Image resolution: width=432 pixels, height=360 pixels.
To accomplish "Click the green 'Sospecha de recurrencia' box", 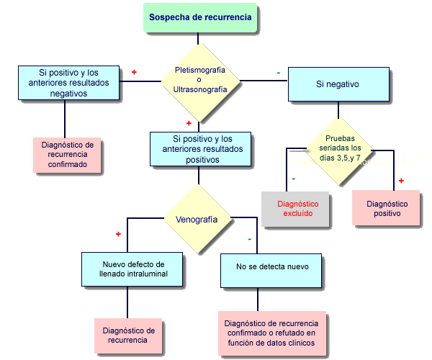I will click(201, 17).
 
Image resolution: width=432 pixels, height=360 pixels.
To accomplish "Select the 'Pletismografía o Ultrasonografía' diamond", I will click(200, 79).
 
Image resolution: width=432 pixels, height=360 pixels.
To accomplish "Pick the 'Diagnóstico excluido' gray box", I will click(298, 208).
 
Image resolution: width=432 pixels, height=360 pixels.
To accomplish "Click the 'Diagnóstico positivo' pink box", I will click(387, 208).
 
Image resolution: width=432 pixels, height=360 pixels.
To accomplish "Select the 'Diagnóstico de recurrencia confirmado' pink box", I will click(68, 154).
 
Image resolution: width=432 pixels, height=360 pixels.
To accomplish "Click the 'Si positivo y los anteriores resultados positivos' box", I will click(201, 149).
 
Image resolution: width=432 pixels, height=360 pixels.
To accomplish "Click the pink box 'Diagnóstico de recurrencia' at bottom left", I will click(128, 336).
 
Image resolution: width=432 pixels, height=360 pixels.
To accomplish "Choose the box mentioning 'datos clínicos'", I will click(271, 333).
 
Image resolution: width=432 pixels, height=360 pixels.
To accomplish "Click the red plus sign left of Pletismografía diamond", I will click(134, 73).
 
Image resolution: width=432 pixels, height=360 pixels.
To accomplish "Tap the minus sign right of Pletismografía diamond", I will click(278, 73).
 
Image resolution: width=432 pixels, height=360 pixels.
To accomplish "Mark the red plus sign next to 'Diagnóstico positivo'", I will click(401, 180).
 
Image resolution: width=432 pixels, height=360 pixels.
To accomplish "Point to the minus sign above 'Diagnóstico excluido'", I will click(293, 178).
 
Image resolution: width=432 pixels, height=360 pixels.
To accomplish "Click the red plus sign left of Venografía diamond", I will click(118, 234).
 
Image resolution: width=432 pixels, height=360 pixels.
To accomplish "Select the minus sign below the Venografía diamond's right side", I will click(248, 238).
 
